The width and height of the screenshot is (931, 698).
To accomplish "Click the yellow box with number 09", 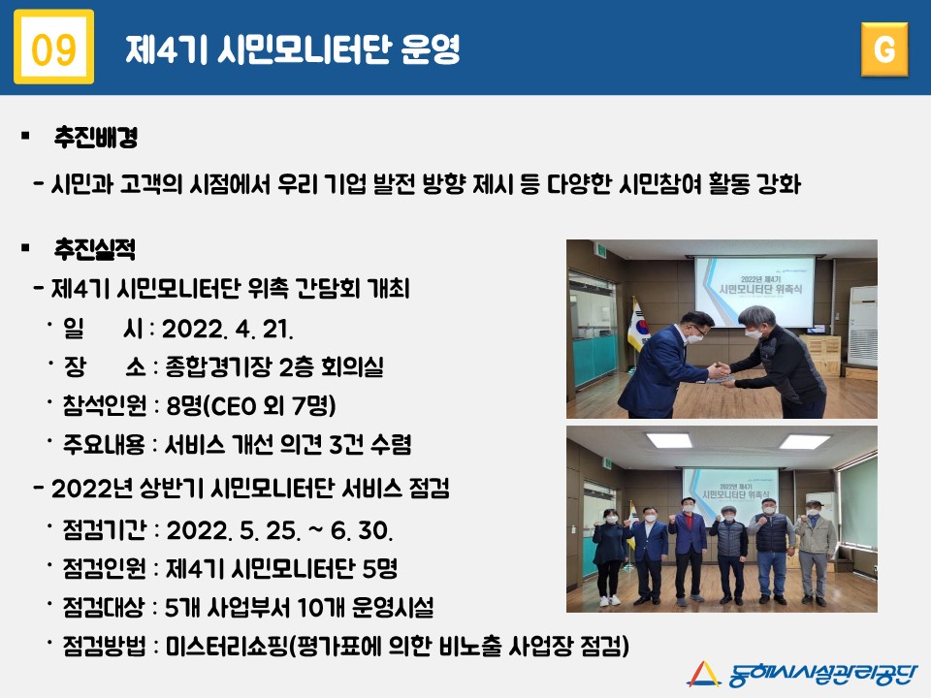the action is tap(54, 47).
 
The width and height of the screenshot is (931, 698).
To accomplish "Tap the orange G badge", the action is tap(884, 49).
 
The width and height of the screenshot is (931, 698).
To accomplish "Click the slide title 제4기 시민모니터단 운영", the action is tap(293, 48).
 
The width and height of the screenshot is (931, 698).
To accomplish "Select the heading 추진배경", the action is tap(96, 137).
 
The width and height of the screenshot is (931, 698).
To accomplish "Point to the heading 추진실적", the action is tap(95, 249).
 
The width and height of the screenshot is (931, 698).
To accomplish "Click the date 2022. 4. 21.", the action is tap(227, 329).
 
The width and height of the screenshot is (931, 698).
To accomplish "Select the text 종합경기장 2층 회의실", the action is tap(274, 366).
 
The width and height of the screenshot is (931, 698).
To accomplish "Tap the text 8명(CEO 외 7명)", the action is tap(250, 406).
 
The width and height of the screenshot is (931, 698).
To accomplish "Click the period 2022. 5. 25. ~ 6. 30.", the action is tap(279, 530).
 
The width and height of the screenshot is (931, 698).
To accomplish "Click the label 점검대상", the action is tap(104, 607).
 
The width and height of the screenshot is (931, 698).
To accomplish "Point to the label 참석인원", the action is tap(105, 405).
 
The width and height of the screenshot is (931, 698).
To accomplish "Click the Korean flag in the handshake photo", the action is tap(638, 326).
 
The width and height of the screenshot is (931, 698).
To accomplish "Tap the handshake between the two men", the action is tap(721, 371).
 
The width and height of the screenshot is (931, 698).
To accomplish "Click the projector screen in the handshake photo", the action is tap(754, 292).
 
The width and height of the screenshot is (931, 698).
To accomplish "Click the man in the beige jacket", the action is tap(815, 552).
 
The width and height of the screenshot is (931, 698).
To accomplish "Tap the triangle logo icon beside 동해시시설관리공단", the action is tap(704, 675).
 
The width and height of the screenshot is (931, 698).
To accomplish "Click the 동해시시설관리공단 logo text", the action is tap(822, 675).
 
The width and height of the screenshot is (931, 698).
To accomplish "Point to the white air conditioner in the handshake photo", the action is tap(862, 327).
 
